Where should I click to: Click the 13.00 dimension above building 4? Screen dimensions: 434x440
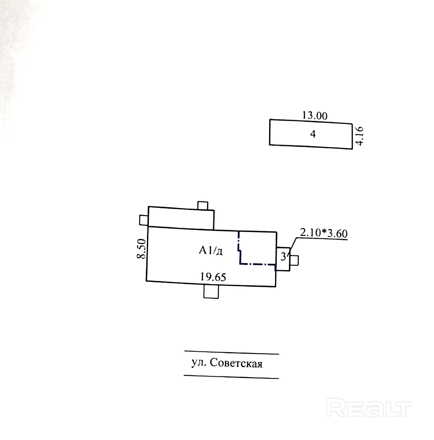tap(315, 116)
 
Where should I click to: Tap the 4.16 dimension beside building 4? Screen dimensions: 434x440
tap(360, 135)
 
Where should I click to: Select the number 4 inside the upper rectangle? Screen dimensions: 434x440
tap(313, 134)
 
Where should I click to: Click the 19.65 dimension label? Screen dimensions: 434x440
tap(213, 277)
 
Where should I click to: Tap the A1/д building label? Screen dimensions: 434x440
tap(210, 250)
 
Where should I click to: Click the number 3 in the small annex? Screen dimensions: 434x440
tap(284, 256)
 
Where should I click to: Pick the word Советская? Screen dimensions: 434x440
tap(236, 363)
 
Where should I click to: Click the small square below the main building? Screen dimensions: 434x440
tap(211, 291)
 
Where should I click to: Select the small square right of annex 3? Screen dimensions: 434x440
tap(294, 260)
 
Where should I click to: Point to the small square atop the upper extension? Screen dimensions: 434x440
tap(203, 205)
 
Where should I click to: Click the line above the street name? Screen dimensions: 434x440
tap(231, 352)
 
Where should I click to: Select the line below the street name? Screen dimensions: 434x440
tap(231, 377)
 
